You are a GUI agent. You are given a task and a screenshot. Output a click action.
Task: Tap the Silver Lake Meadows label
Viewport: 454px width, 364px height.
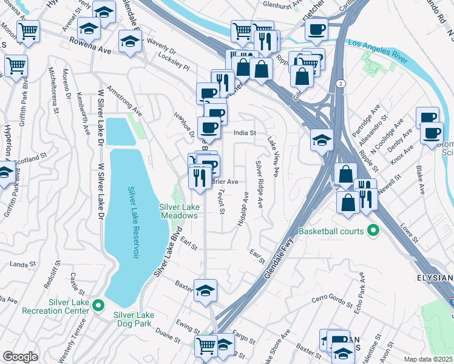coord(179,211)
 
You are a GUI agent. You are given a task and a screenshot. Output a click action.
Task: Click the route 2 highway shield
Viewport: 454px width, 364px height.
coord(342,83)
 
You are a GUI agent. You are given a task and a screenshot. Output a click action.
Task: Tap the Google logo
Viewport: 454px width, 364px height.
coord(20,357)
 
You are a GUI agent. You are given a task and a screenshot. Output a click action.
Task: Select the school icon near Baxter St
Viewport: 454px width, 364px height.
coord(206,289)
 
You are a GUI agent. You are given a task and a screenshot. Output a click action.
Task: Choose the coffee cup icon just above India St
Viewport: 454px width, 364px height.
coord(209,126)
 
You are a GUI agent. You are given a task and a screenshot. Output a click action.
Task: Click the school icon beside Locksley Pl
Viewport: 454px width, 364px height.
coord(130,41)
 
